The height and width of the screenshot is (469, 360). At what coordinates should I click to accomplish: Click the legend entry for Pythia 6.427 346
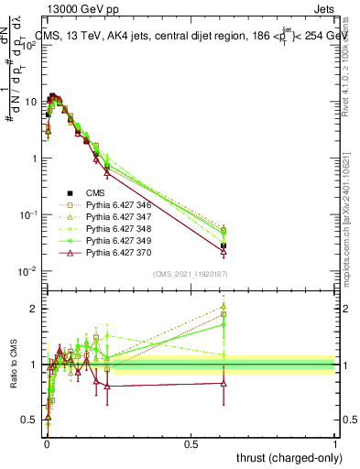(x=101, y=207)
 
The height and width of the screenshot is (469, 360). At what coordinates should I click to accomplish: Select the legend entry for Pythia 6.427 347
(x=101, y=221)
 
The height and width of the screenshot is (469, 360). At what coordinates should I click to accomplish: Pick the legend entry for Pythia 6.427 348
(x=101, y=234)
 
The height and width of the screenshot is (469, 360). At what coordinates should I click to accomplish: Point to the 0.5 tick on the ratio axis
(x=33, y=420)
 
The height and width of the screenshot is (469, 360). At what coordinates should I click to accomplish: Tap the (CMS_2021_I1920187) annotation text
(x=189, y=273)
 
